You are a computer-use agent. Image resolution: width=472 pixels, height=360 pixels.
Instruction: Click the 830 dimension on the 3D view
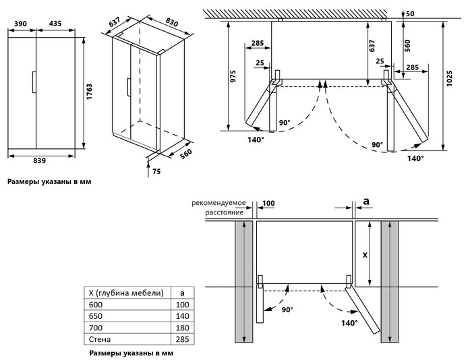[x=172, y=23]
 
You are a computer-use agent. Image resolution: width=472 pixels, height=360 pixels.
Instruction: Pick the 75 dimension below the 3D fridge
[x=156, y=172]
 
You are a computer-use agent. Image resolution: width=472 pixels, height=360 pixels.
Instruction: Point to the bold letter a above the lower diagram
[x=366, y=201]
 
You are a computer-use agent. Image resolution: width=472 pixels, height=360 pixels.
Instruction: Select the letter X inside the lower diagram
[x=365, y=256]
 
